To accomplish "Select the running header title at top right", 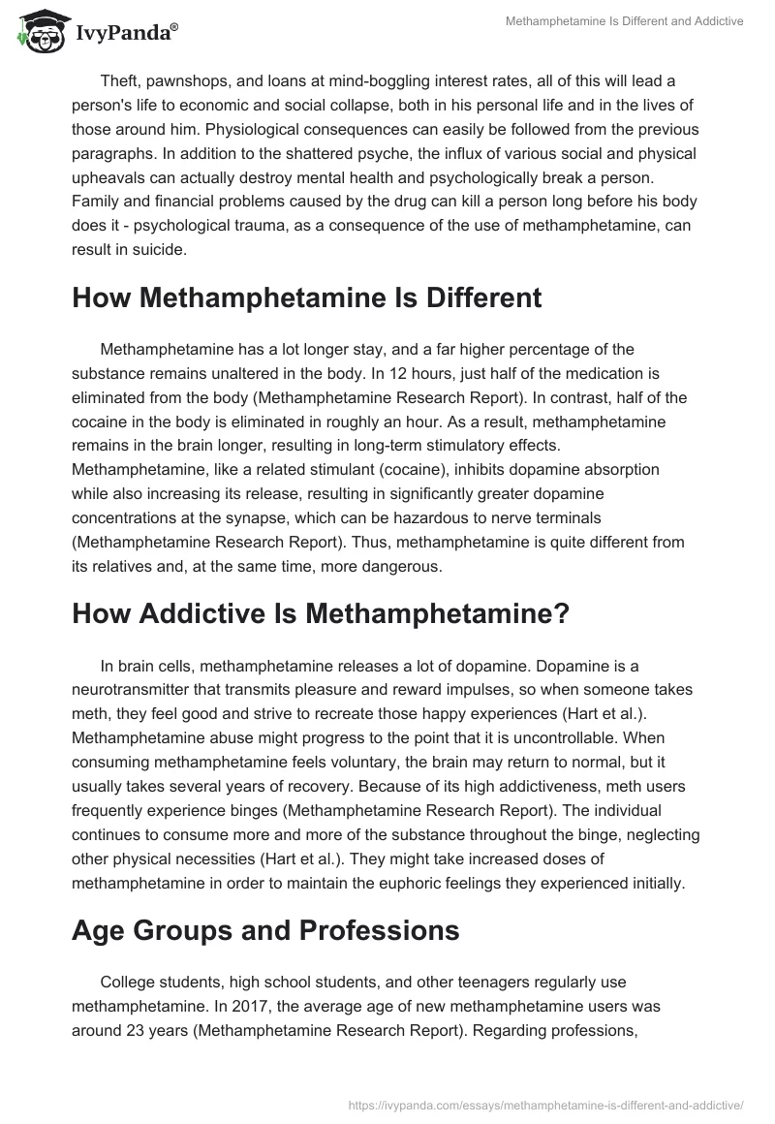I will [625, 21].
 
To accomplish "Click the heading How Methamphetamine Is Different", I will [306, 298].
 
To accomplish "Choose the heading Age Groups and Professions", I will [265, 931].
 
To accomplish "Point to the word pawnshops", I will [190, 79].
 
